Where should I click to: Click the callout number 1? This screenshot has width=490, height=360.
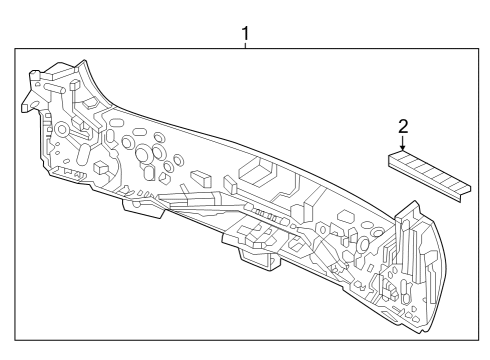click(x=245, y=33)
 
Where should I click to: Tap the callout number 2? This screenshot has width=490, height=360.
click(x=403, y=127)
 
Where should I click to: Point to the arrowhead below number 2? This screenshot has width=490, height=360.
click(x=403, y=148)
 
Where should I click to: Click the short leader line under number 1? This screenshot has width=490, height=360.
click(x=245, y=45)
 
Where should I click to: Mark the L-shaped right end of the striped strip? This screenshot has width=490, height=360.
click(x=466, y=193)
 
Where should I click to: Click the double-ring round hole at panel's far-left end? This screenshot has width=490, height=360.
click(x=62, y=129)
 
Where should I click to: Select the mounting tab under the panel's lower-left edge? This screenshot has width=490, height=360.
click(x=143, y=208)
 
